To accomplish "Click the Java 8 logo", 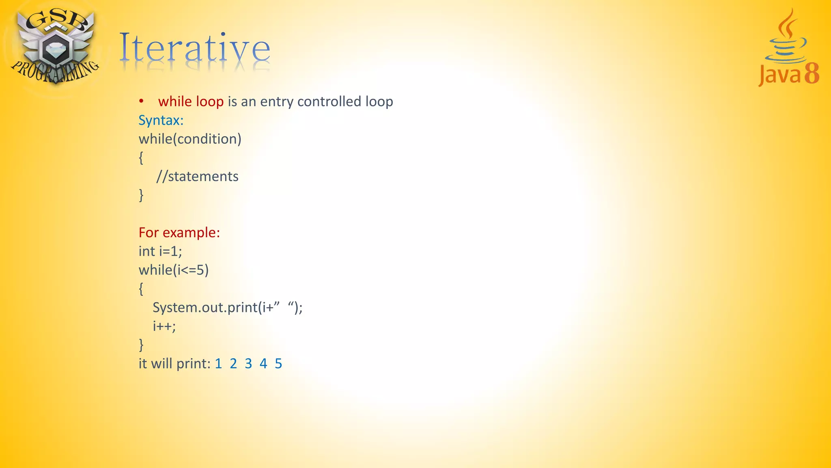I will tap(788, 49).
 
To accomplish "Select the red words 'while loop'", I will tap(191, 102).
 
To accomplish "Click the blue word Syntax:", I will tap(161, 120).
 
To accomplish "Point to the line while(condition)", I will tap(190, 139).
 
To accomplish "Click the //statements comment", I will tap(197, 176).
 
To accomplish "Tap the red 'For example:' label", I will tap(179, 232).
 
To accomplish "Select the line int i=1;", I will tap(160, 251).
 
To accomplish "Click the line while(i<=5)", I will tap(174, 270).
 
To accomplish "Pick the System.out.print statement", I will tap(227, 308).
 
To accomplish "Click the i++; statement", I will tap(164, 326).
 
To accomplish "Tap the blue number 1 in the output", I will tap(218, 364).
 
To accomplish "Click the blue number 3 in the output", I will tap(248, 364).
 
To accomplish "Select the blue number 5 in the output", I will tap(278, 364).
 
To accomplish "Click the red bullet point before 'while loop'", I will tap(141, 101).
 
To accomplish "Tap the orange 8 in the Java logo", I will tap(812, 74).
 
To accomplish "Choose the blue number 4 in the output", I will tap(263, 364).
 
